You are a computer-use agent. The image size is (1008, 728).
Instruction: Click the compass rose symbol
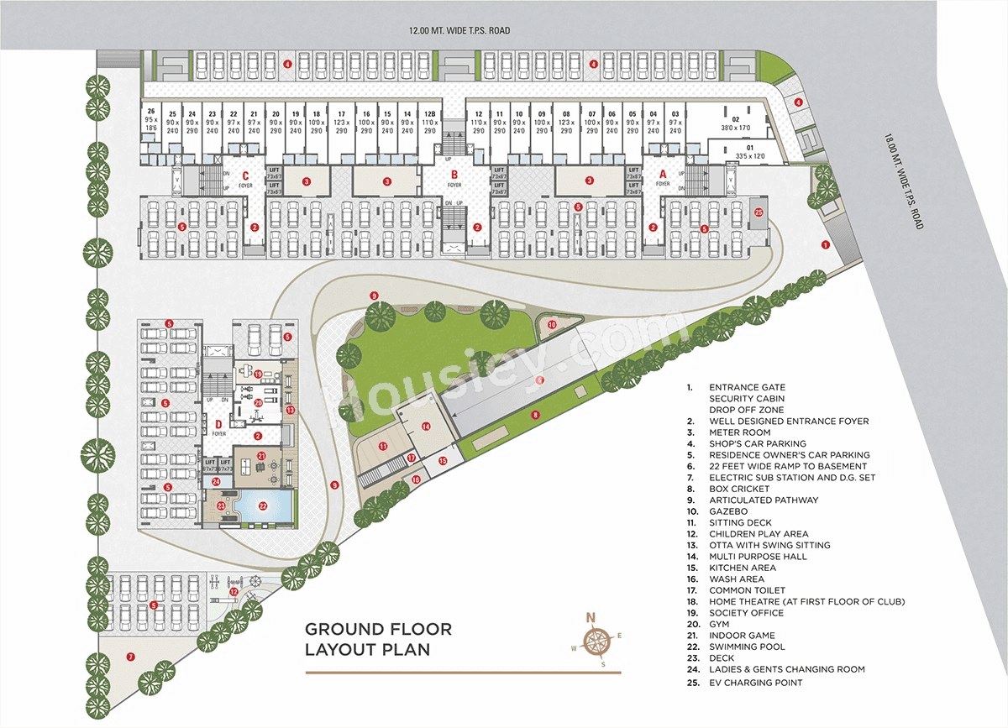596,641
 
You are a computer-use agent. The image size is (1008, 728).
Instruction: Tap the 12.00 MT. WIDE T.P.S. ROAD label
459,31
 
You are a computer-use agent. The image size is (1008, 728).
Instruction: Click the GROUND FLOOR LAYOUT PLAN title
379,639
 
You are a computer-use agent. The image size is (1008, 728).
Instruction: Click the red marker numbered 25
759,212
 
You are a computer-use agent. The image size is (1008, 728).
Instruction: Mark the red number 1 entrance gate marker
826,245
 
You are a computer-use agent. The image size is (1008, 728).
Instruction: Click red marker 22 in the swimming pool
262,506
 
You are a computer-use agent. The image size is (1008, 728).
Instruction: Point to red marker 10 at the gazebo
552,324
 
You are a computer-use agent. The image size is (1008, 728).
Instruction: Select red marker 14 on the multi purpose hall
426,427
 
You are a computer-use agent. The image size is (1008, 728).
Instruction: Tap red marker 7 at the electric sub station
130,657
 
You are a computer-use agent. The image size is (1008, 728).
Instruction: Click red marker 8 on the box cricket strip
534,414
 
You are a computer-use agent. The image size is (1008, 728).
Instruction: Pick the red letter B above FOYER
454,175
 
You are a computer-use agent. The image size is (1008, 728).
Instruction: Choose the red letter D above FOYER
218,423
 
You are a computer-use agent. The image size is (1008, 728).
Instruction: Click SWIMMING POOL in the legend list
747,647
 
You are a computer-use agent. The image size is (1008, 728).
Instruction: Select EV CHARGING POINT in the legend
755,683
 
